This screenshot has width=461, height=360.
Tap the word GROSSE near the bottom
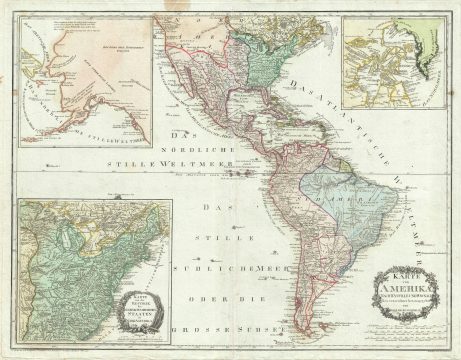(x=196, y=326)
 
